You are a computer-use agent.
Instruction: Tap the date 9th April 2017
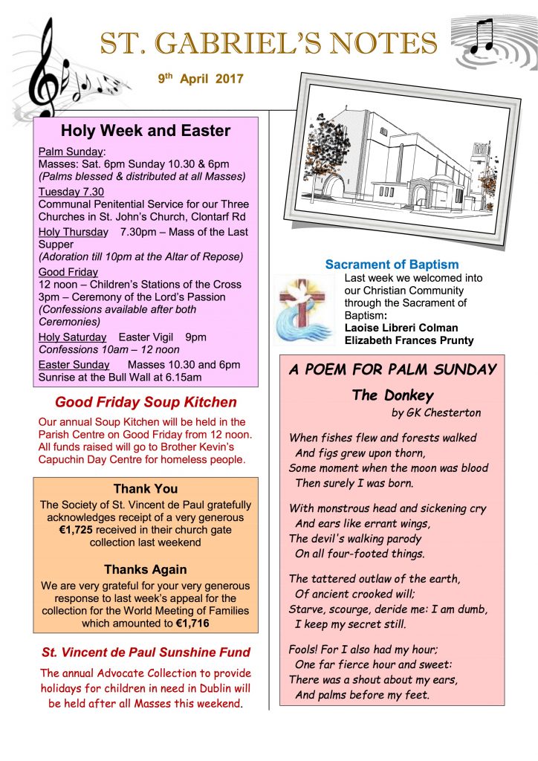201,78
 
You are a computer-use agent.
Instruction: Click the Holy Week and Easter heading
146,132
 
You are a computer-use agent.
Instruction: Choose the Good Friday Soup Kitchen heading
146,402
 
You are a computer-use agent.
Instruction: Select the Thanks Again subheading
146,570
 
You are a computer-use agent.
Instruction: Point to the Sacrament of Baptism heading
392,265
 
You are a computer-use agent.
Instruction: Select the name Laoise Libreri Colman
401,328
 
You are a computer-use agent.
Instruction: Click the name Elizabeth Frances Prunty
409,340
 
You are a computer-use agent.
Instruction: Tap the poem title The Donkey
393,395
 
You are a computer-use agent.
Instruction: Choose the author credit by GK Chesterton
436,412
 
